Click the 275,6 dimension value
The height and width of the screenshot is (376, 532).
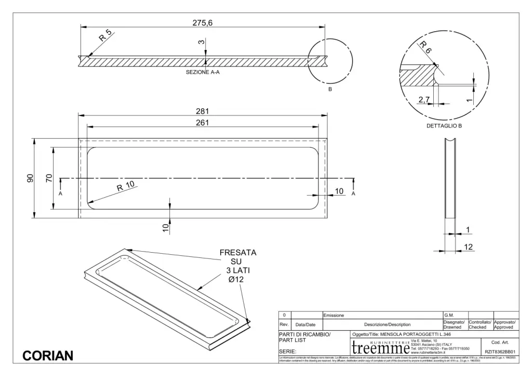203,22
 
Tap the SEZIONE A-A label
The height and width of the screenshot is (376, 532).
203,73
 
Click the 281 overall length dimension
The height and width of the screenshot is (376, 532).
202,110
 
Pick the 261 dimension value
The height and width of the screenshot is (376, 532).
202,123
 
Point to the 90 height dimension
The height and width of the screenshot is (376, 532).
31,178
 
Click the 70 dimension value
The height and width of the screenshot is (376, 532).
49,178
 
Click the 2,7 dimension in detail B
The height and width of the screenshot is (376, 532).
424,99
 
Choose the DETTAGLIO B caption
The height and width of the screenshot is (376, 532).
444,126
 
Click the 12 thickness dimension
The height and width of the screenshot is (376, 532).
469,246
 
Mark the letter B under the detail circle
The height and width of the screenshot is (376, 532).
329,89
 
